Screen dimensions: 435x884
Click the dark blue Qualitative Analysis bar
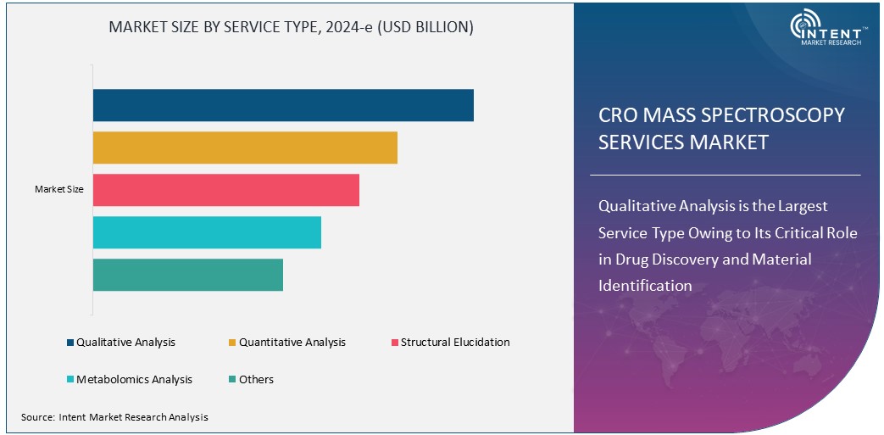(283, 105)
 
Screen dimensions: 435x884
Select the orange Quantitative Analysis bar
(245, 148)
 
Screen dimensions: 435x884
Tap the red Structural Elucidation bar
(226, 190)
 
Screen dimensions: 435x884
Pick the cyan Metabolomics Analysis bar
(207, 232)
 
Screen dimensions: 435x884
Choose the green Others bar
(188, 275)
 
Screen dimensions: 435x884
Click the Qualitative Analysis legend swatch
(70, 343)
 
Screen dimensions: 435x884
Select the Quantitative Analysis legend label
(292, 343)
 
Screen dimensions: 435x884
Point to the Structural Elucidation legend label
(455, 343)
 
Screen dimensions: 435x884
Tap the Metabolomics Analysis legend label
(134, 380)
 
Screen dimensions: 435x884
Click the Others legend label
(256, 380)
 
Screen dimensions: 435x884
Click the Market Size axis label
(58, 189)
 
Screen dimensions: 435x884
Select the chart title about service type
(291, 27)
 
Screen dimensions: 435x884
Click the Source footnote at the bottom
(114, 417)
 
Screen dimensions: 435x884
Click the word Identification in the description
(645, 286)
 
